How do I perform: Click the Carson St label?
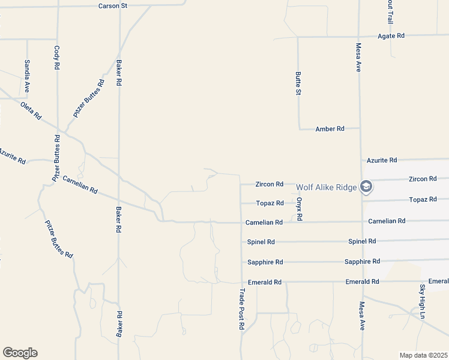pyautogui.click(x=114, y=6)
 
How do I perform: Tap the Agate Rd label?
pyautogui.click(x=391, y=36)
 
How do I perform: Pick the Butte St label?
pyautogui.click(x=298, y=83)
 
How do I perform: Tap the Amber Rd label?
pyautogui.click(x=330, y=129)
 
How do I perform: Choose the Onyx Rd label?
pyautogui.click(x=299, y=209)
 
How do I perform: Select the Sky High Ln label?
pyautogui.click(x=423, y=302)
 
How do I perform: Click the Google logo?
pyautogui.click(x=20, y=353)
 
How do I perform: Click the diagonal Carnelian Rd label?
pyautogui.click(x=80, y=184)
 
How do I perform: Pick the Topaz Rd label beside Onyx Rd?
pyautogui.click(x=270, y=203)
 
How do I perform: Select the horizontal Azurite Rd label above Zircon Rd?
pyautogui.click(x=382, y=160)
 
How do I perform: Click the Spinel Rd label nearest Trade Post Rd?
pyautogui.click(x=261, y=242)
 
